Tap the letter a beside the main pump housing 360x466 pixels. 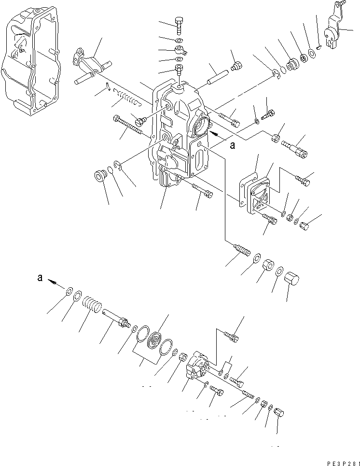click(x=232, y=145)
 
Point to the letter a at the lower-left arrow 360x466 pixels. click(x=40, y=278)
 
